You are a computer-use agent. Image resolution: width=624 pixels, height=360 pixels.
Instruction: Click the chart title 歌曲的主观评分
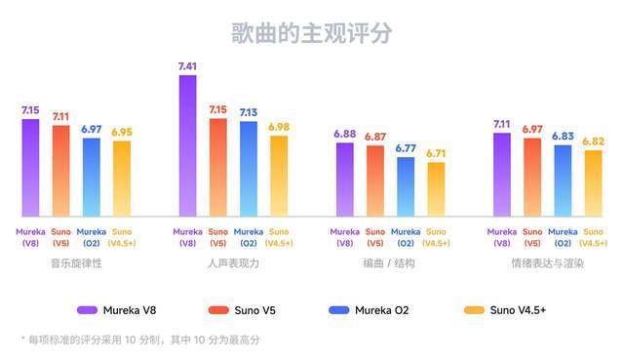(311, 31)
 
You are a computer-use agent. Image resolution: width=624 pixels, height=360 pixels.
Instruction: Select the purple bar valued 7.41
(187, 146)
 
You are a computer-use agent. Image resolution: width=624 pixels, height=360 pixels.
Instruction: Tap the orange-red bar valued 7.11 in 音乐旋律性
(61, 171)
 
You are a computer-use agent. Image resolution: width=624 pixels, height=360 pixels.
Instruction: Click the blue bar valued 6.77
(405, 186)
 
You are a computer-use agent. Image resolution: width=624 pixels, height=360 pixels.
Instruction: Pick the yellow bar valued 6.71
(435, 189)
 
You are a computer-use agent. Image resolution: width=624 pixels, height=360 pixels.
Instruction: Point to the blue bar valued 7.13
(248, 169)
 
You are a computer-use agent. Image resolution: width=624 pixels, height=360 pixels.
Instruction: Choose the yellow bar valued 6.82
(593, 183)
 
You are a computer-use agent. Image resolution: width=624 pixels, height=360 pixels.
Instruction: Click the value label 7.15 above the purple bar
(30, 111)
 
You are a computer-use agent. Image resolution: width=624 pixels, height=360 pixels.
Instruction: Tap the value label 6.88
(345, 134)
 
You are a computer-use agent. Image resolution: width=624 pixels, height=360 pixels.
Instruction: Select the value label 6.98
(279, 127)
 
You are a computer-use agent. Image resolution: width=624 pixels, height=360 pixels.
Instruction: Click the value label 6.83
(563, 137)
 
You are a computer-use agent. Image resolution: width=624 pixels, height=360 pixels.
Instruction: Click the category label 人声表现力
(233, 263)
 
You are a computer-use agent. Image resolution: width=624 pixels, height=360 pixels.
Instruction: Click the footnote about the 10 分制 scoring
(140, 340)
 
